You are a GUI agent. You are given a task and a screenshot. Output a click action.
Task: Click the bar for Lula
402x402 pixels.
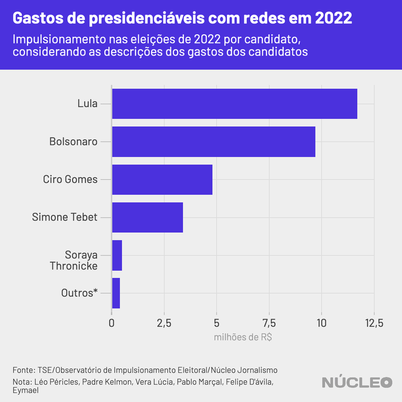coord(234,104)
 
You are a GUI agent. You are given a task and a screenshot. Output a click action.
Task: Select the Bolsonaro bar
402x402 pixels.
coord(213,142)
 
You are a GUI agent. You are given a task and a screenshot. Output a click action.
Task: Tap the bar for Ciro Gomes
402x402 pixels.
coord(162,180)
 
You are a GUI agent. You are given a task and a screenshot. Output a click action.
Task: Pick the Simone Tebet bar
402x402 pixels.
coord(148,217)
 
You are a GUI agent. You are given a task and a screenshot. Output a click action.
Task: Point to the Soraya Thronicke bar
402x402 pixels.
coord(117,255)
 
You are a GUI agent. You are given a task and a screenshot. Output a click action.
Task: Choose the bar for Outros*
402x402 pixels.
coord(116,293)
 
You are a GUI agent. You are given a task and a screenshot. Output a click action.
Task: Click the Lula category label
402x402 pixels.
coord(87,104)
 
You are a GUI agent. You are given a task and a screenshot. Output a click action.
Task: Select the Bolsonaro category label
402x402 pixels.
coord(73,141)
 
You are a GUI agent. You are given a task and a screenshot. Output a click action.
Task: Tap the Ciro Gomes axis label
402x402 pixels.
coord(70,179)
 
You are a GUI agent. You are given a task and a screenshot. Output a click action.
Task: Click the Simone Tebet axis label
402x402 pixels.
coord(65,217)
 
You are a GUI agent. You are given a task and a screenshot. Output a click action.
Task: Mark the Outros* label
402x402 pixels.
coord(79,293)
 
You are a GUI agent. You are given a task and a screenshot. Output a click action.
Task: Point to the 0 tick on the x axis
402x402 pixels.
coord(112,323)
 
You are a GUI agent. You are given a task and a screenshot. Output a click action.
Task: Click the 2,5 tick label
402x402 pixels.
coord(164,323)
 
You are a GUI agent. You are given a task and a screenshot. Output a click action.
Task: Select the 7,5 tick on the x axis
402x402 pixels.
coord(269,323)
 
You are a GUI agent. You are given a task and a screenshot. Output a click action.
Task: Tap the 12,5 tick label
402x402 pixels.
coord(373,323)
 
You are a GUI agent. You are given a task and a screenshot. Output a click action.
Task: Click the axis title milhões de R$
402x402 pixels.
coord(243,337)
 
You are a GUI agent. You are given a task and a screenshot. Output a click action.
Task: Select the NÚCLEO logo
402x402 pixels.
coord(357,382)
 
